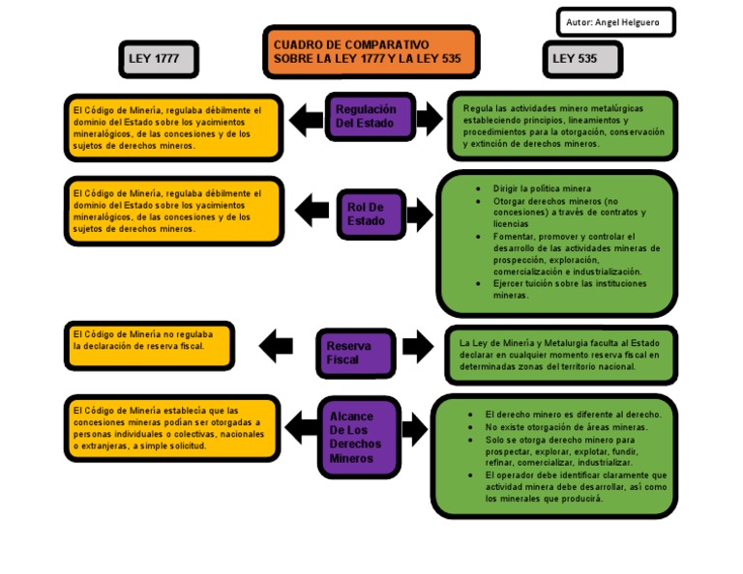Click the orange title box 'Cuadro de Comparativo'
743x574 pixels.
pyautogui.click(x=371, y=52)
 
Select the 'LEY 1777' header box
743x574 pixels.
pyautogui.click(x=159, y=59)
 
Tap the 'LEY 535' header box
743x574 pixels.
pyautogui.click(x=581, y=59)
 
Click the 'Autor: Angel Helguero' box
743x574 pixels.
pyautogui.click(x=615, y=22)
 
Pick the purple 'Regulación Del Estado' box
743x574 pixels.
pyautogui.click(x=371, y=117)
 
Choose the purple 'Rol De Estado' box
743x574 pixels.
pyautogui.click(x=371, y=215)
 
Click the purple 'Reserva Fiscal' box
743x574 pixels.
pyautogui.click(x=356, y=353)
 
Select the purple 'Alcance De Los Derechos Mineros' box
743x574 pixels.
pyautogui.click(x=359, y=437)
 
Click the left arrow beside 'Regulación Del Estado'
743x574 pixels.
pyautogui.click(x=307, y=119)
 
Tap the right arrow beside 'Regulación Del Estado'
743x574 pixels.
pyautogui.click(x=429, y=119)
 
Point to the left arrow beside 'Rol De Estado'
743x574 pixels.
pyautogui.click(x=312, y=210)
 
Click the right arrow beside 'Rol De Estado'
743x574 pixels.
pyautogui.click(x=419, y=215)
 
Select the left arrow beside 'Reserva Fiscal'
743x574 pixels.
pyautogui.click(x=277, y=344)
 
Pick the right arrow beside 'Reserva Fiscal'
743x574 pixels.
pyautogui.click(x=418, y=346)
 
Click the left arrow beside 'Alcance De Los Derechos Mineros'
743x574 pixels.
pyautogui.click(x=303, y=425)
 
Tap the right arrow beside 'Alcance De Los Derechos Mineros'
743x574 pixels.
pyautogui.click(x=414, y=428)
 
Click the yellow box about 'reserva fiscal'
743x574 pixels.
pyautogui.click(x=149, y=345)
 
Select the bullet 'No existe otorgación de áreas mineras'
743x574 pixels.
pyautogui.click(x=566, y=426)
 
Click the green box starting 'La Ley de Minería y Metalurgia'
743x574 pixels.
pyautogui.click(x=560, y=355)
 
